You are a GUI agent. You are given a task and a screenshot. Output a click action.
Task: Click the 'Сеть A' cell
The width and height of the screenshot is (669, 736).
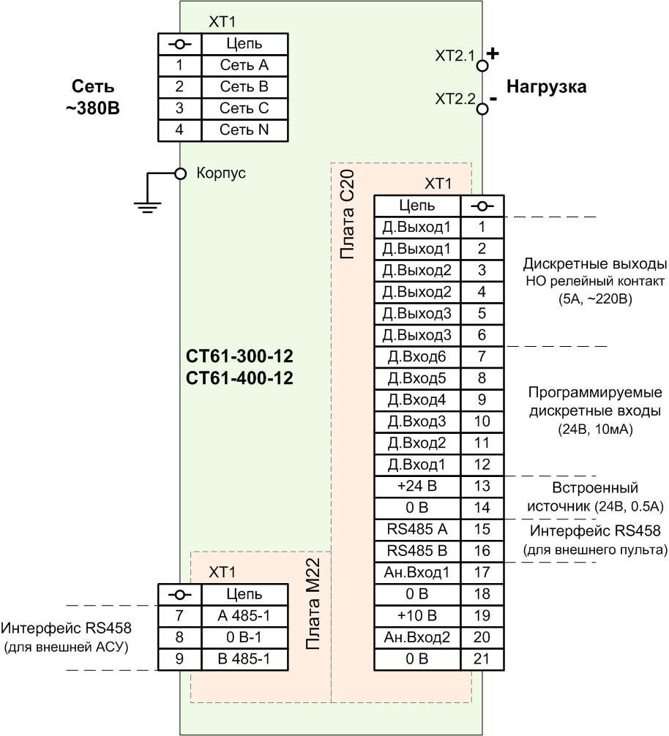click(x=244, y=65)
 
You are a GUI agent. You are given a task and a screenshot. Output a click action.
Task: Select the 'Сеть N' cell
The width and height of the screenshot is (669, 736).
click(x=244, y=130)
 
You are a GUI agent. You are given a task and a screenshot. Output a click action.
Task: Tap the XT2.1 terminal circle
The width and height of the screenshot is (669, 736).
click(x=482, y=65)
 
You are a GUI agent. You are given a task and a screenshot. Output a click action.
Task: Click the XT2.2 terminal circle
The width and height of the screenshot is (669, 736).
click(x=482, y=109)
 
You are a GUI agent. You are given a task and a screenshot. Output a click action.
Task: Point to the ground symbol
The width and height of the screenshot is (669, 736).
click(x=147, y=206)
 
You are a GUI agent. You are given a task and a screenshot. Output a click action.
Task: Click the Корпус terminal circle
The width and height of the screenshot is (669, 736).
click(x=180, y=173)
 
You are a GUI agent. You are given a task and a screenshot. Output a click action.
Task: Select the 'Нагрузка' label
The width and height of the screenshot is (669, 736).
click(x=547, y=87)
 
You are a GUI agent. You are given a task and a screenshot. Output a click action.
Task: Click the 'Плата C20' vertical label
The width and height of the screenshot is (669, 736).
click(x=347, y=215)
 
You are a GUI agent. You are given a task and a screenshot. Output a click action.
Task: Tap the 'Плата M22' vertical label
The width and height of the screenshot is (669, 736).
click(x=313, y=603)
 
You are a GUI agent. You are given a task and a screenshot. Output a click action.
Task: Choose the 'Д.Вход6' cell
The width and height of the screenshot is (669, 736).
click(x=417, y=357)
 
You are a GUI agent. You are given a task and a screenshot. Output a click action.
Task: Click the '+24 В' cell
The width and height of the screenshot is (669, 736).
click(x=417, y=487)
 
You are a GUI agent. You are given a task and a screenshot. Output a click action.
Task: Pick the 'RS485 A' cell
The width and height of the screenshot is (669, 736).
click(x=417, y=530)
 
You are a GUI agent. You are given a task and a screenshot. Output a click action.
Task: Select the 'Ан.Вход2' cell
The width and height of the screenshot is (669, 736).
click(x=417, y=638)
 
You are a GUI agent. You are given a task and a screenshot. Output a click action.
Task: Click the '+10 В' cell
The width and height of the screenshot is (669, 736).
click(x=417, y=616)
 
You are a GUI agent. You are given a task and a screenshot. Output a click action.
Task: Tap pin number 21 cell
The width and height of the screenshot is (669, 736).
click(x=482, y=659)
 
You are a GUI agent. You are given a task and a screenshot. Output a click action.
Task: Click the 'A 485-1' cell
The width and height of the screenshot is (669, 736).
click(x=244, y=616)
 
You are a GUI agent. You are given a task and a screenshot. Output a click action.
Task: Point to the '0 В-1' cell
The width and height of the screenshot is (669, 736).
click(x=244, y=638)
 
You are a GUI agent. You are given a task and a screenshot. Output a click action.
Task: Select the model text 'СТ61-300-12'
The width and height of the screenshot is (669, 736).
click(x=239, y=356)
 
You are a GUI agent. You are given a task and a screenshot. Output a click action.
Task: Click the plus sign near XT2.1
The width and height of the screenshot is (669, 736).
click(x=493, y=53)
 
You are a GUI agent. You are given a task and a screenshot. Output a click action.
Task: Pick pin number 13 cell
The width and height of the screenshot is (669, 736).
click(x=482, y=487)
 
